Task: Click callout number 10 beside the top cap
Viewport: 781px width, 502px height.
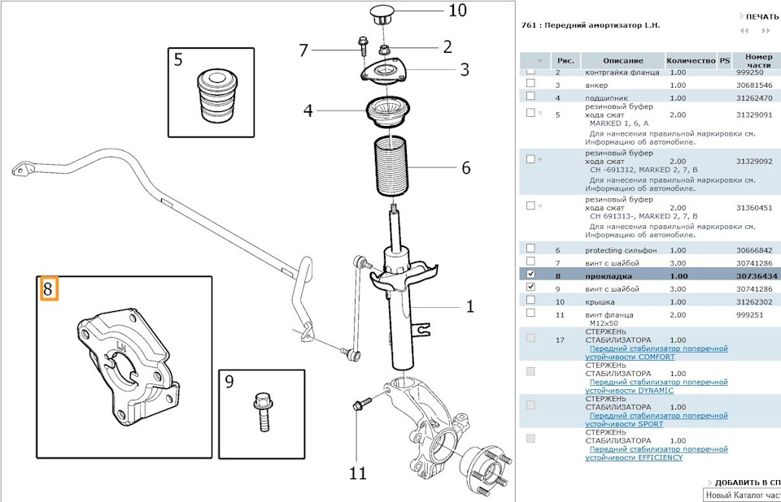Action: click(457, 11)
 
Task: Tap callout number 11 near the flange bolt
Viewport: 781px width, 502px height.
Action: click(358, 473)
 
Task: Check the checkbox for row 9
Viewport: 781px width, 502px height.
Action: click(530, 288)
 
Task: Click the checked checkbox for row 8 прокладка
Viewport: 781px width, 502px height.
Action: click(530, 276)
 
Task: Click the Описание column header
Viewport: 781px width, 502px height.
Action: click(623, 61)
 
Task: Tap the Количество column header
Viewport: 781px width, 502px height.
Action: click(690, 61)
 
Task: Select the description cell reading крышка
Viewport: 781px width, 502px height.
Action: click(599, 301)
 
